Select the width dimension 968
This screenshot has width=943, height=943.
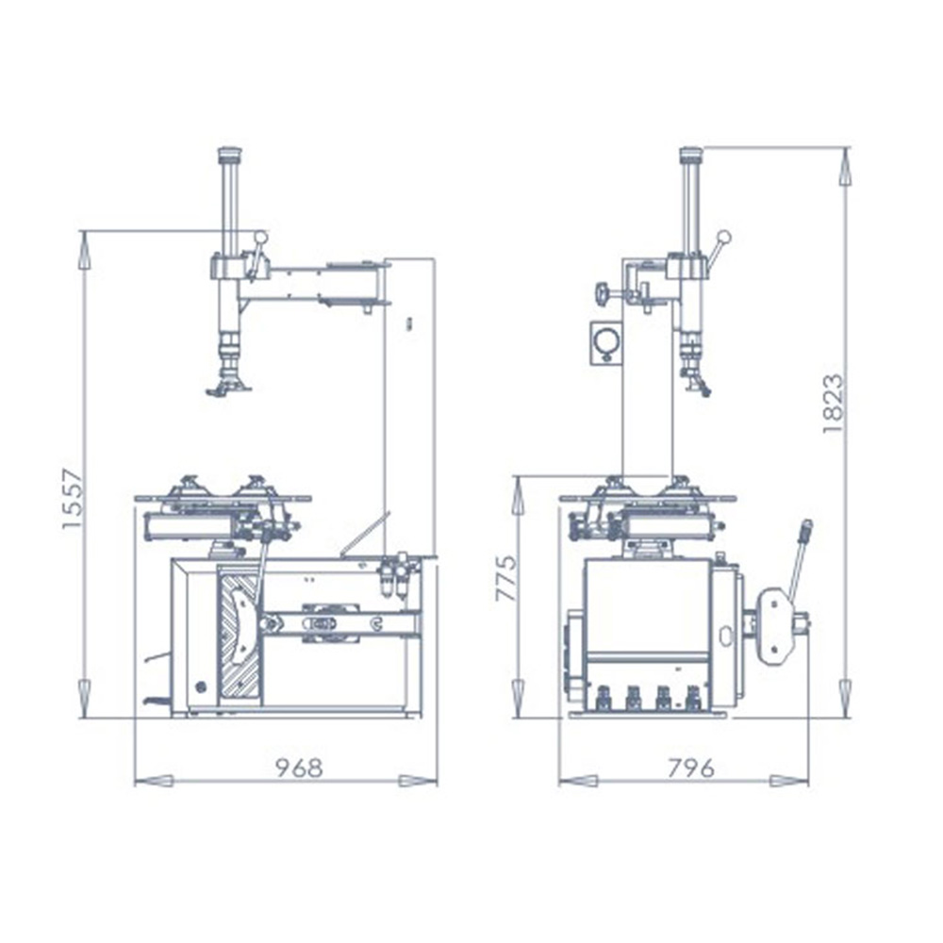298,767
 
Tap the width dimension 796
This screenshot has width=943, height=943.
690,767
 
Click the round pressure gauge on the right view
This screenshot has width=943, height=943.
604,340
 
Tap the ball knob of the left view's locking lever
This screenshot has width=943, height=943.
260,238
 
